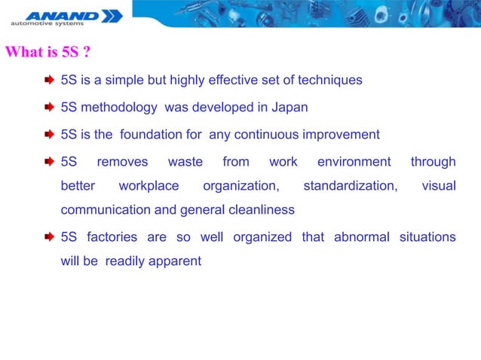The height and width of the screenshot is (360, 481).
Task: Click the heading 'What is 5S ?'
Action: click(x=48, y=53)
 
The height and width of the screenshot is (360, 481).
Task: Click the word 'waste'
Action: click(x=185, y=162)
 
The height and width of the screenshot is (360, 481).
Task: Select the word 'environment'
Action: click(x=354, y=162)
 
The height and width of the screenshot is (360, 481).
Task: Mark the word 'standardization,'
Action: click(x=350, y=185)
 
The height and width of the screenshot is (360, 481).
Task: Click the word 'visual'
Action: click(x=438, y=185)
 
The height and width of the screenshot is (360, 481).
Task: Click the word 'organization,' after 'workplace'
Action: click(x=240, y=185)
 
